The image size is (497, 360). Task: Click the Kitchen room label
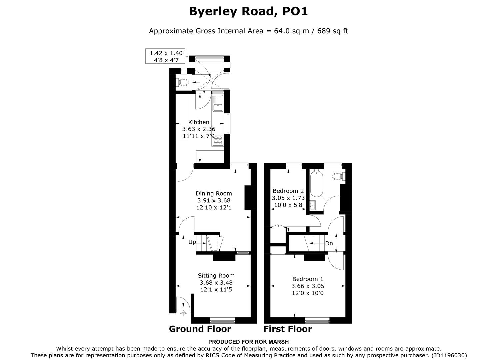pyautogui.click(x=199, y=122)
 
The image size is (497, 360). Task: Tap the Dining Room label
pyautogui.click(x=214, y=193)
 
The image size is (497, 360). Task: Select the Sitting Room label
pyautogui.click(x=216, y=276)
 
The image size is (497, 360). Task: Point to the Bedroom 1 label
pyautogui.click(x=308, y=279)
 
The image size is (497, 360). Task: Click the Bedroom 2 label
pyautogui.click(x=288, y=191)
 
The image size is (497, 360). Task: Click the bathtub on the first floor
pyautogui.click(x=316, y=184)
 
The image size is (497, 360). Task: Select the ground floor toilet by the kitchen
pyautogui.click(x=182, y=82)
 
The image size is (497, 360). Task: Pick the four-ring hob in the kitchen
pyautogui.click(x=218, y=140)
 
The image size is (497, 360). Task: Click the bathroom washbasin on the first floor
pyautogui.click(x=313, y=205)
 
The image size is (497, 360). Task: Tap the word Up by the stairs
pyautogui.click(x=192, y=242)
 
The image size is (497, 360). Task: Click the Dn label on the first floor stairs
pyautogui.click(x=329, y=243)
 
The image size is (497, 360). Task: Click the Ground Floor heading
pyautogui.click(x=200, y=329)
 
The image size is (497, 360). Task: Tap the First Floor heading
pyautogui.click(x=288, y=329)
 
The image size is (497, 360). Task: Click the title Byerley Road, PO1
pyautogui.click(x=248, y=11)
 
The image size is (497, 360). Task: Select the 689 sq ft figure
pyautogui.click(x=332, y=31)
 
